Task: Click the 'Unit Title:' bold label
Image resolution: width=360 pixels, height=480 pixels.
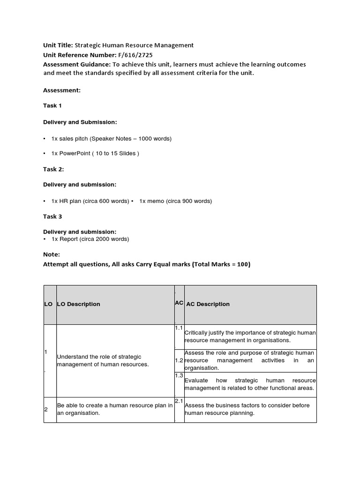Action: tap(58, 45)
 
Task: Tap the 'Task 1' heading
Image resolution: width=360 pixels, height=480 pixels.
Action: tap(52, 105)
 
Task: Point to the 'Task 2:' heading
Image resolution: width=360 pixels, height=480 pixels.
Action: tap(53, 169)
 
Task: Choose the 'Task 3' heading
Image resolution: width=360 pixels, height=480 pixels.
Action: tap(52, 217)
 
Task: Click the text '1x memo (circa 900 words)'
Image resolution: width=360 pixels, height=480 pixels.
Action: tap(175, 201)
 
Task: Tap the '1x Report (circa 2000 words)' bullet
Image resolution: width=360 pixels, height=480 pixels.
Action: tap(90, 239)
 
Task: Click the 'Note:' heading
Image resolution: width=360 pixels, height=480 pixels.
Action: tap(52, 255)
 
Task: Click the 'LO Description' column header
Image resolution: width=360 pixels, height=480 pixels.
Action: tap(79, 304)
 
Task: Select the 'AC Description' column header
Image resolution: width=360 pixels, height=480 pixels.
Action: tap(208, 304)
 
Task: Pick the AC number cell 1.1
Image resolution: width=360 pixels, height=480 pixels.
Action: tap(179, 328)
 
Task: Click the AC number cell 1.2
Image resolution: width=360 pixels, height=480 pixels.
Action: tap(179, 360)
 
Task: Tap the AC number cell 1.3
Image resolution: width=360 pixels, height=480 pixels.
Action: tap(179, 376)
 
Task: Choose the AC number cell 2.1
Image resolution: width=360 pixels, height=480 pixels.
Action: tap(179, 401)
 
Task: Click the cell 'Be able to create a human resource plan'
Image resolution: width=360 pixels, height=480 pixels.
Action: tap(115, 409)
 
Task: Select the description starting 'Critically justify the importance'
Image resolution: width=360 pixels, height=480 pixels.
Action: tap(250, 337)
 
